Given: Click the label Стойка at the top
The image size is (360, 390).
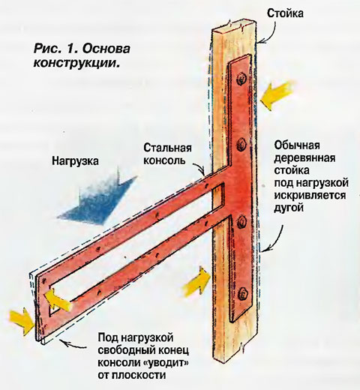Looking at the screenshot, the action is [x=285, y=13].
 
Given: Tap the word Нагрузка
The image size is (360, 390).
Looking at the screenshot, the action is [x=75, y=160].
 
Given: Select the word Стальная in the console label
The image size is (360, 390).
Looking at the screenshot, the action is [x=167, y=148].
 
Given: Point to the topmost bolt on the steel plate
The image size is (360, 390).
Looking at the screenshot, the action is [x=241, y=79].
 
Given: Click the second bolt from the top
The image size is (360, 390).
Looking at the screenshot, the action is [x=241, y=144].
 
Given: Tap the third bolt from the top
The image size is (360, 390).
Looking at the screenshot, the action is [x=241, y=222].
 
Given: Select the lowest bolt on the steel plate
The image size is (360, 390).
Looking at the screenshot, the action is [x=243, y=293].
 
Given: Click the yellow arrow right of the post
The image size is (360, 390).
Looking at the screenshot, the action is [x=277, y=95].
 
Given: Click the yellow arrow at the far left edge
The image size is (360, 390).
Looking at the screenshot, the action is [x=22, y=321].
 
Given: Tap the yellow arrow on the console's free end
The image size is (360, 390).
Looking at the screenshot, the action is [x=57, y=299].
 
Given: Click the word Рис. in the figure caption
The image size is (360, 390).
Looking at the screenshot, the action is [x=46, y=48].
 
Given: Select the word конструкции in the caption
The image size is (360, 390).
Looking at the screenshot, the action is [x=75, y=62].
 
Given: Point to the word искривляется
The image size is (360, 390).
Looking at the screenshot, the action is [x=310, y=195].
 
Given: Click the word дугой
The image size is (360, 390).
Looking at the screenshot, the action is [x=289, y=208].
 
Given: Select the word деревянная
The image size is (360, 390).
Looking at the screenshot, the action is [x=304, y=157].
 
